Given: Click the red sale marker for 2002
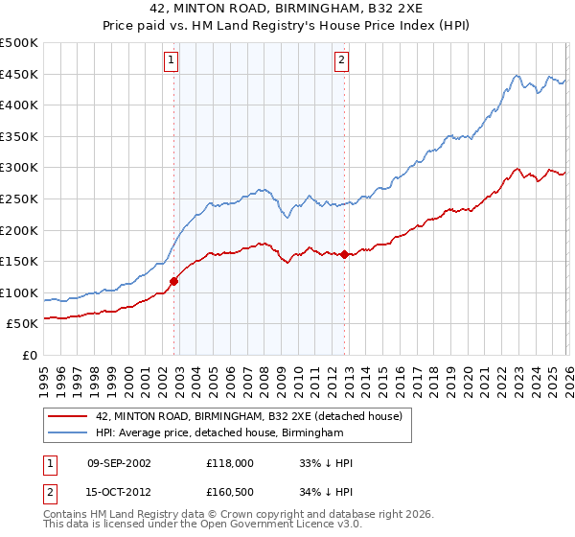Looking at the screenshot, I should (173, 281).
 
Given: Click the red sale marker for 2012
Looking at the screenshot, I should (344, 254).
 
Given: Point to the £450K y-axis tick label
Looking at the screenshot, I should (19, 75).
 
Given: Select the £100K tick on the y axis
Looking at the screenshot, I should (19, 292).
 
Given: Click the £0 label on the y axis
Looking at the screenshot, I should (29, 355).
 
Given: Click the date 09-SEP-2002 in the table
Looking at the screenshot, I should (119, 463).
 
